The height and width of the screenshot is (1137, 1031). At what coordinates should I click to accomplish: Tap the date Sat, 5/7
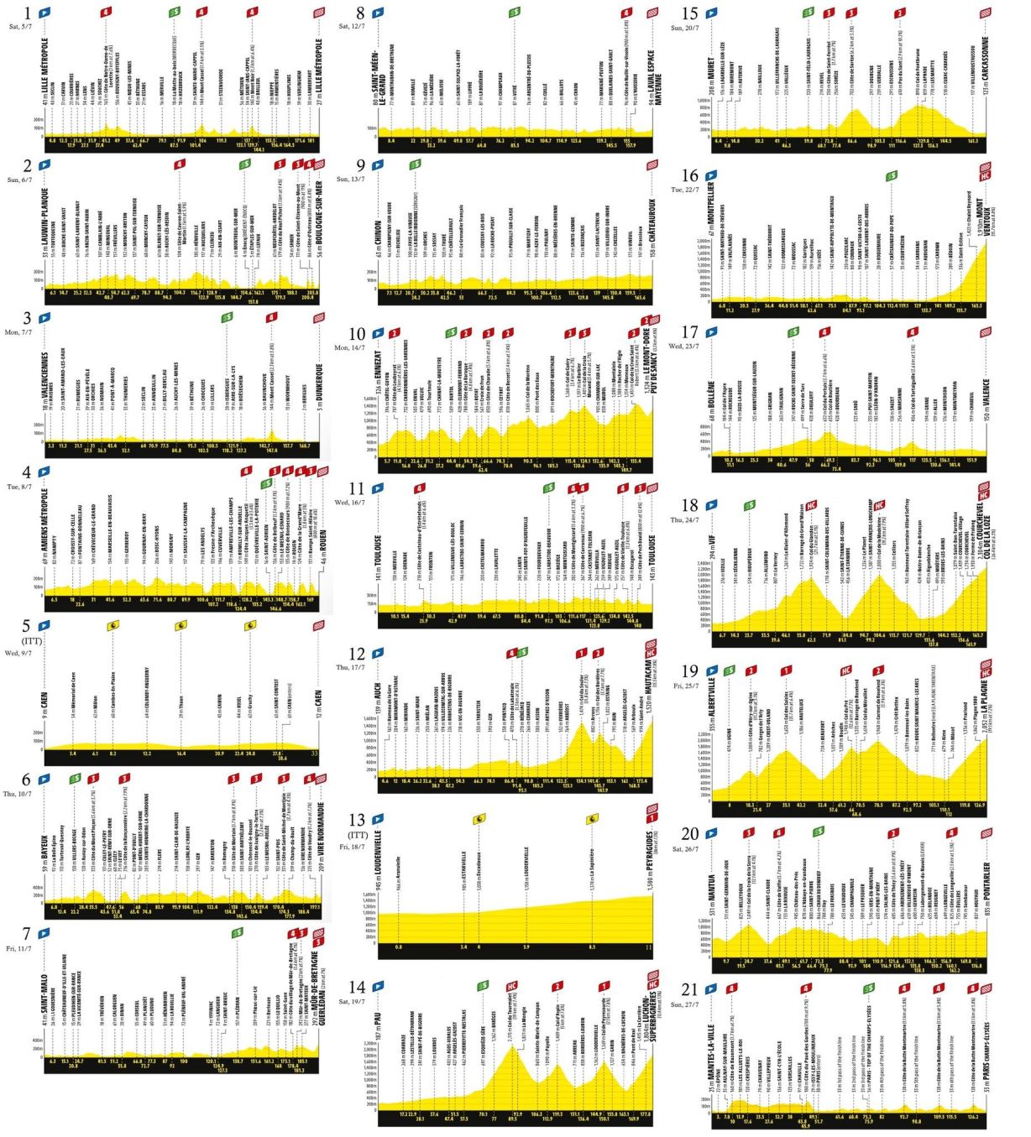coord(21,26)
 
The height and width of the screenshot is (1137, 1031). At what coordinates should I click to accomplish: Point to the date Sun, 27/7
coord(688,1004)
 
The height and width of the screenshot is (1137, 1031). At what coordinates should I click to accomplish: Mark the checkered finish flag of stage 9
coord(652,165)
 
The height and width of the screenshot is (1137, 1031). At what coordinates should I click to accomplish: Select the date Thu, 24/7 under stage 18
coord(689,520)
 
